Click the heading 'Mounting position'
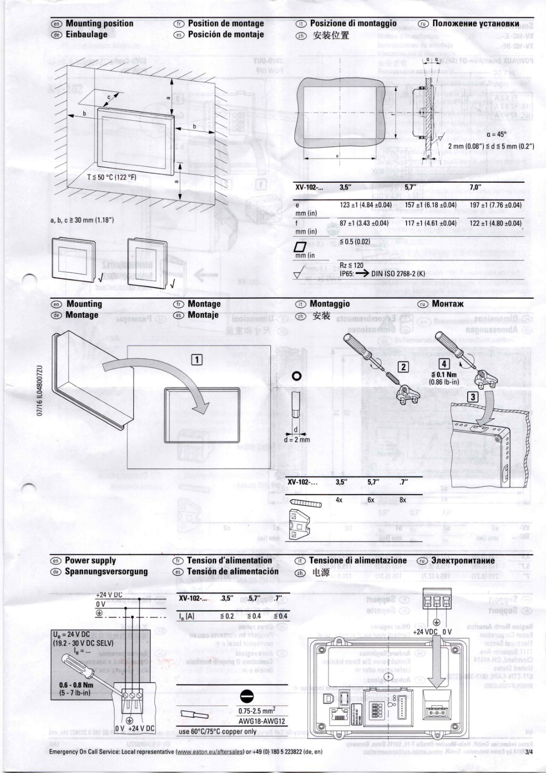pos(99,23)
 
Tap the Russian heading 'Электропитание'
pos(463,560)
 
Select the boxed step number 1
pos(197,359)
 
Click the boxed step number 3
pos(473,397)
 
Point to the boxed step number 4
pos(443,364)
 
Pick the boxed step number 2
pos(403,367)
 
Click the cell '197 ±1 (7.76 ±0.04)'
pos(496,205)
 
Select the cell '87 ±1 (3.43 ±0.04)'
pos(364,223)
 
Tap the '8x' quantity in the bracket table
pos(403,500)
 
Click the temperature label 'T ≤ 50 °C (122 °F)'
pos(112,177)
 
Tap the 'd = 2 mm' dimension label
pos(297,440)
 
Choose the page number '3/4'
pos(530,752)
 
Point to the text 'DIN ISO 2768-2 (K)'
pos(398,273)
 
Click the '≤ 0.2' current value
pos(227,616)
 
